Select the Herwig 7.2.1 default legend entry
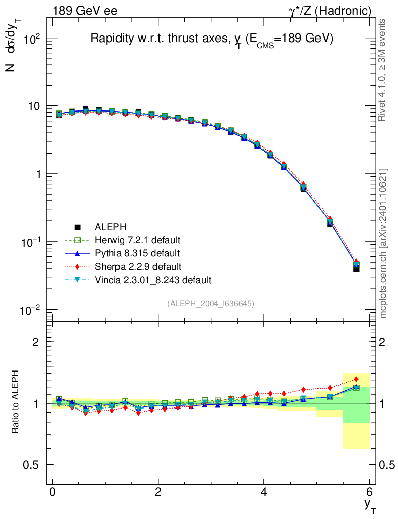(137, 240)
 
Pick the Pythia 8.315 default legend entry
(137, 253)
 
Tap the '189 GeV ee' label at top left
(85, 11)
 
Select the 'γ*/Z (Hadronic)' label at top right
(330, 11)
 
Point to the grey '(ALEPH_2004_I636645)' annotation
(211, 303)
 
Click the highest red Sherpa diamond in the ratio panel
(356, 379)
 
